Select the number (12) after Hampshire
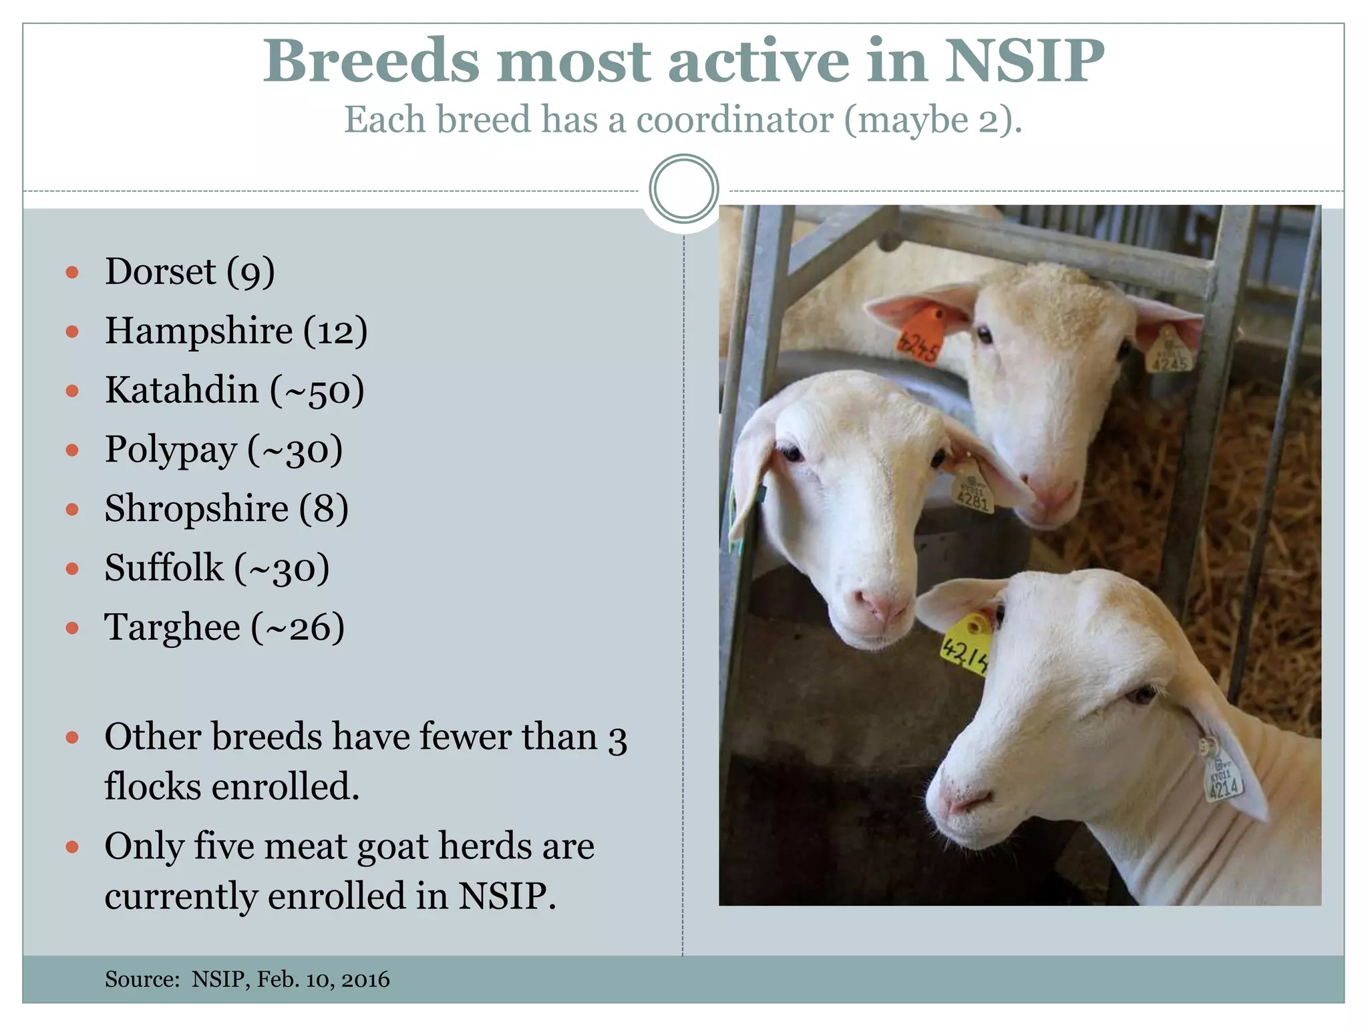click(335, 331)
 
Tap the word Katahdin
click(182, 390)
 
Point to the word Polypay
click(171, 450)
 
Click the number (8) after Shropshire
click(323, 508)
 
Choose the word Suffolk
click(164, 568)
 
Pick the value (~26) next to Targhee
click(298, 627)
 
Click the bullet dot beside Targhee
click(73, 628)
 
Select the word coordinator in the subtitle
click(734, 120)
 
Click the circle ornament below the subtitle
click(683, 189)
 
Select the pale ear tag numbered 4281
click(973, 492)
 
